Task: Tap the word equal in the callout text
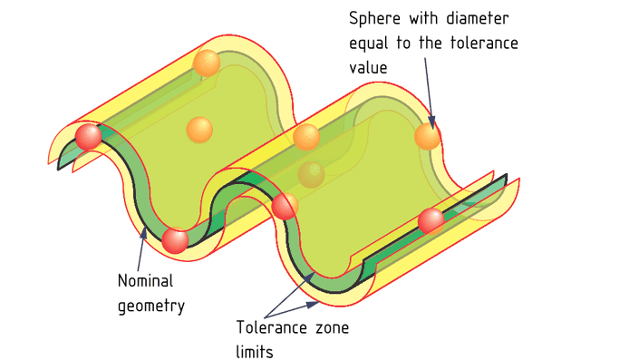point(372,43)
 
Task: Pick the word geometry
point(151,305)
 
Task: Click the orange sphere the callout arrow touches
point(428,136)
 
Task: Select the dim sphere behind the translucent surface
point(311,174)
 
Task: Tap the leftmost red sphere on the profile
point(88,137)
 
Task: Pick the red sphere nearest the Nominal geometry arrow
point(175,240)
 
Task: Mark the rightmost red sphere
point(431,220)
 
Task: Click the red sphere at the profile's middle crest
point(285,207)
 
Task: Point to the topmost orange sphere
point(207,63)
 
